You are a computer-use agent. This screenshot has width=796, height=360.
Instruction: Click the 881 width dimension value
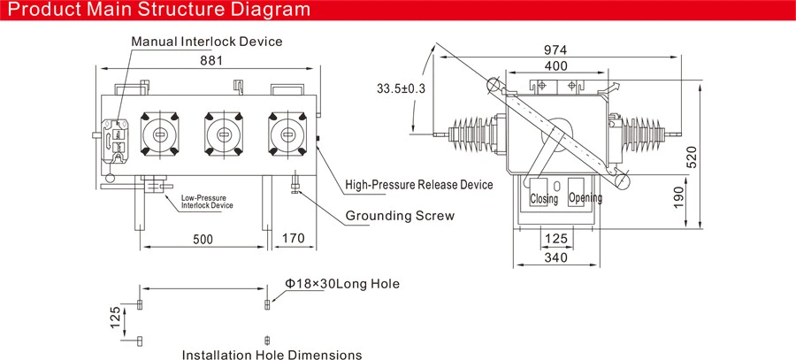(211, 60)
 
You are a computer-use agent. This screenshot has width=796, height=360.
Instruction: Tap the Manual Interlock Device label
(207, 41)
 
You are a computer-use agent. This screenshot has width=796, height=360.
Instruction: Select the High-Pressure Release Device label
(419, 184)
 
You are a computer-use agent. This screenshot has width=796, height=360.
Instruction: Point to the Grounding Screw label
(400, 216)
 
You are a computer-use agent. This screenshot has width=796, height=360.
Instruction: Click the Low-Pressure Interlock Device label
(207, 202)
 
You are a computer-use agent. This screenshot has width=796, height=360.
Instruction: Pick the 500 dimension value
(203, 239)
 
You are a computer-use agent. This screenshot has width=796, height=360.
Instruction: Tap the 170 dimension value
(293, 238)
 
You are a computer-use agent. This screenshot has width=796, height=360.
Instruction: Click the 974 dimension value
(555, 50)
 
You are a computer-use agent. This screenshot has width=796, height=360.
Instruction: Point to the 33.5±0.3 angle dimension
(401, 88)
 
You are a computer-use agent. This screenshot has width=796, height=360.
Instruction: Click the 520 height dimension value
(692, 157)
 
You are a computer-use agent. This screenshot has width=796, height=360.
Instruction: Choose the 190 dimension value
(678, 196)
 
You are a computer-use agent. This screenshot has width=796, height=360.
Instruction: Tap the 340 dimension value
(556, 258)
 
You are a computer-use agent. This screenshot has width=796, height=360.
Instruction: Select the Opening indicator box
(584, 192)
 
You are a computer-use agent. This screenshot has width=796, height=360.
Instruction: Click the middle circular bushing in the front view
(224, 134)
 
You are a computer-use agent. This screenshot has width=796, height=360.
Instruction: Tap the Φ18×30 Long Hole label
(341, 284)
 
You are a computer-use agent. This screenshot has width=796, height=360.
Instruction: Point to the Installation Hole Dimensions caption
(272, 354)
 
